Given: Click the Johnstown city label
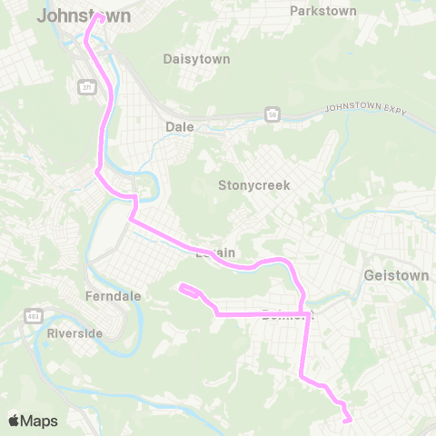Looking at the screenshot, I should click(84, 16).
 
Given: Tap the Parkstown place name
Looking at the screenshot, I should click(322, 11).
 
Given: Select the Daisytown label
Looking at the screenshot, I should click(196, 59).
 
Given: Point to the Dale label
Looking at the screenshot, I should click(180, 127).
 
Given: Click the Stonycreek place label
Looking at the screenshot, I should click(253, 185).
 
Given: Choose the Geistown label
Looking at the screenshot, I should click(394, 273).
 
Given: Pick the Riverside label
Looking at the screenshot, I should click(74, 333).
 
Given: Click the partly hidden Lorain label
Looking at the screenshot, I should click(215, 253).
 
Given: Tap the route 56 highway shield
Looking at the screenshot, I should click(272, 114).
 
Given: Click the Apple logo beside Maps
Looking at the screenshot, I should click(15, 421).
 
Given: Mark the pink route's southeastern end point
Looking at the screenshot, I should click(348, 419).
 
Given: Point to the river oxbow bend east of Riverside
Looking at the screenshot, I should click(136, 318).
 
